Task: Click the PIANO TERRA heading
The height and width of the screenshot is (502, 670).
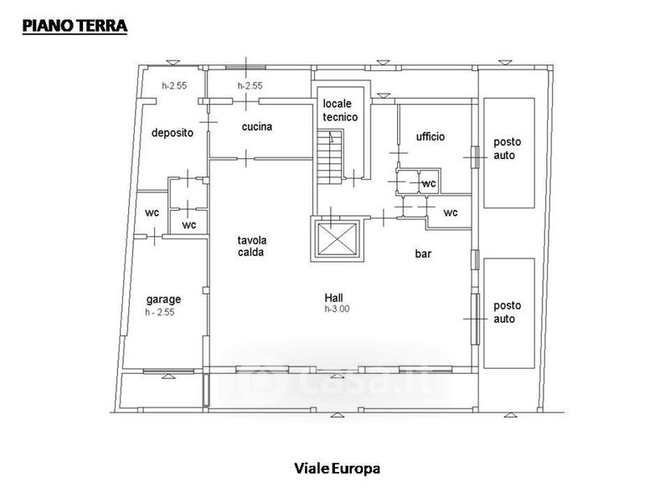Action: point(75,26)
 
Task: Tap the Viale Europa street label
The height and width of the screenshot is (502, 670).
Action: point(338,469)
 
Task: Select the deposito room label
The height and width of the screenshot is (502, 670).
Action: point(173,133)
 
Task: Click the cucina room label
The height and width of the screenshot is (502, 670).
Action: point(257,126)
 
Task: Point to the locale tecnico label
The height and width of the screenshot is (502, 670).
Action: point(340,110)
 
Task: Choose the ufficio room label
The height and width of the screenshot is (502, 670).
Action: point(430,136)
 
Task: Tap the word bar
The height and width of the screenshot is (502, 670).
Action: point(423,254)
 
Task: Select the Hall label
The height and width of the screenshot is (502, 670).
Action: point(333,298)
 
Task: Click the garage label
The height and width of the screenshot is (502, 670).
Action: point(163,300)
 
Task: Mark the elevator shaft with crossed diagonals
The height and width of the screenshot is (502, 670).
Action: point(338,238)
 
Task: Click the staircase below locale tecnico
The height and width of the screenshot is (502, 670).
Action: point(330,156)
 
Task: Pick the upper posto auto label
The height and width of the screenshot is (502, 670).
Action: point(508,149)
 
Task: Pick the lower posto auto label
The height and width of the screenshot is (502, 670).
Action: point(508,312)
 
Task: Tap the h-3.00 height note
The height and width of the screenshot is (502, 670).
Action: point(337,309)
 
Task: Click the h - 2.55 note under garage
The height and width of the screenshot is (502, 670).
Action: point(160,312)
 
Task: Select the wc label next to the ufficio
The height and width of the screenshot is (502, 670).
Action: point(429,183)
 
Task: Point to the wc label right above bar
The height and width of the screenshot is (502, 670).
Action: point(451,213)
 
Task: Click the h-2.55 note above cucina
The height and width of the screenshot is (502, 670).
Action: point(250,85)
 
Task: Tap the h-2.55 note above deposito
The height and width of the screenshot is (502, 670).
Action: point(174,85)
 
